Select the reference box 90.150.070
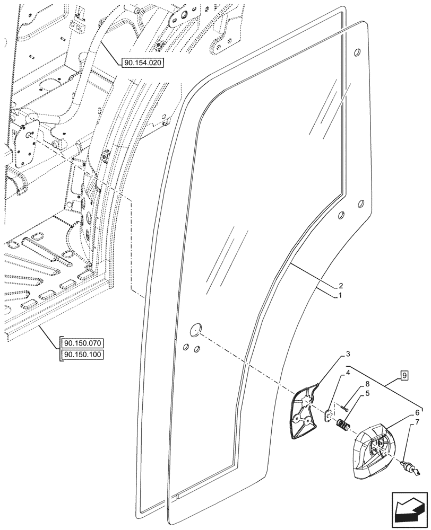tap(83, 342)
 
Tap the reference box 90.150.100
tap(83, 355)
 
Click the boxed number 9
tap(404, 376)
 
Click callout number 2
tap(341, 285)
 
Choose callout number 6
tap(417, 412)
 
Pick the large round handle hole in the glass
tap(196, 329)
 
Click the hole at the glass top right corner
tap(357, 51)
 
